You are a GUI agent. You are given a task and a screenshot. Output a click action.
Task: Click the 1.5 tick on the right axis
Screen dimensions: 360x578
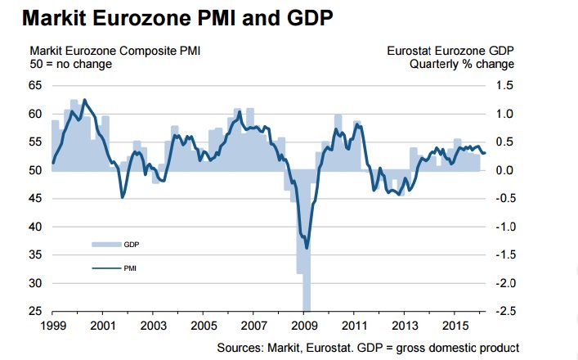point(505,85)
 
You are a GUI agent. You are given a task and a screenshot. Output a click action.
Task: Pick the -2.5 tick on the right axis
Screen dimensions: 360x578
point(504,312)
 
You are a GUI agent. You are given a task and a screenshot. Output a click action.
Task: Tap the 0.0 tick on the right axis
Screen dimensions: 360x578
point(505,170)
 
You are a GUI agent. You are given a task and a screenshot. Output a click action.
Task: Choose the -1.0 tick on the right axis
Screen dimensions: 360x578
point(504,227)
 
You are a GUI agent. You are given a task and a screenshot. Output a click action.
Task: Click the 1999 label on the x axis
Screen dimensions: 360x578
point(52,326)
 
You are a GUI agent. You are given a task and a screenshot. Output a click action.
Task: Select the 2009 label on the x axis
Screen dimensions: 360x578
point(303,326)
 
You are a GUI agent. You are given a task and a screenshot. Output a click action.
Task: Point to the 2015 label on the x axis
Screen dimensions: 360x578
point(454,326)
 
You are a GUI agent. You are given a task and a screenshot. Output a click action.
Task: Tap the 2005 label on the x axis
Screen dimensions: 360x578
point(203,326)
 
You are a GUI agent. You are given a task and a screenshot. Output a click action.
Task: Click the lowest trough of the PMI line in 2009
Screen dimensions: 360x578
point(307,247)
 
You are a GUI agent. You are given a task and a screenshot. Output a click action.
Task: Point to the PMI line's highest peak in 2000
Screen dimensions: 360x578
point(85,100)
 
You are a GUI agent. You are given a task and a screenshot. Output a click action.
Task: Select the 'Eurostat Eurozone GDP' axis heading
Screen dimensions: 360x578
point(450,51)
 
